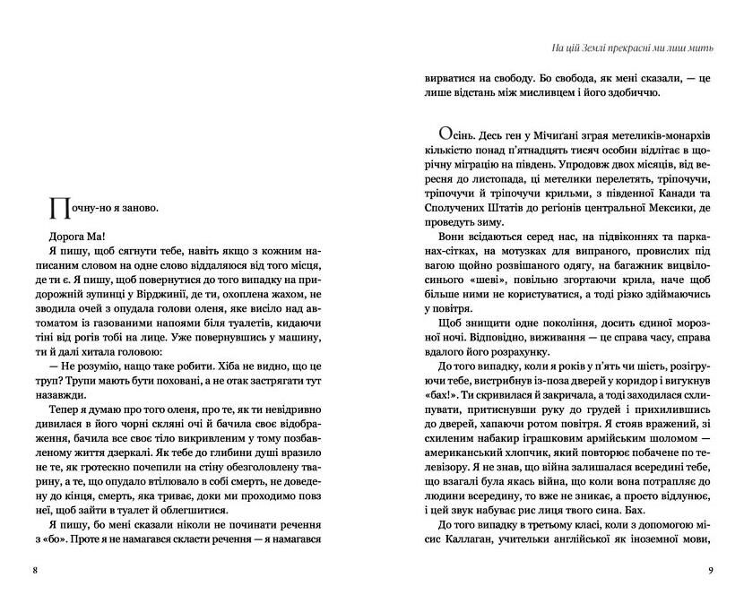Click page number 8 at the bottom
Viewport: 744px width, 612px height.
(x=34, y=570)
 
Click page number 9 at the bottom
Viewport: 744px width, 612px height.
(x=709, y=570)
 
